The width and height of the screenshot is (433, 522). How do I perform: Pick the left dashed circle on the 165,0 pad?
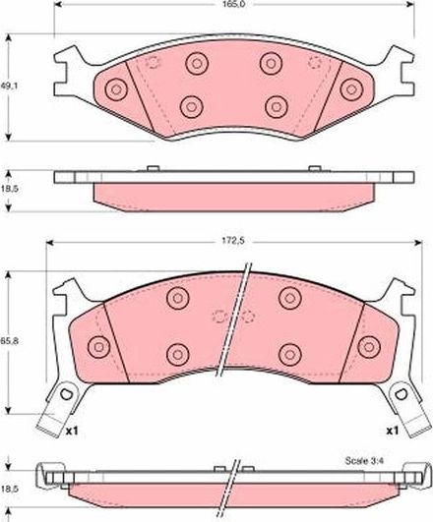click(x=153, y=63)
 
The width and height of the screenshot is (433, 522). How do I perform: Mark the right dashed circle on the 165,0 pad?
click(x=316, y=63)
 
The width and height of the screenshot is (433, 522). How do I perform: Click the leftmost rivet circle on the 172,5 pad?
click(x=98, y=346)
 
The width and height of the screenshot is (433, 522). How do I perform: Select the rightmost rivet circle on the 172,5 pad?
click(x=369, y=346)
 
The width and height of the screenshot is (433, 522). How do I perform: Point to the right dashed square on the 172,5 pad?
click(x=247, y=317)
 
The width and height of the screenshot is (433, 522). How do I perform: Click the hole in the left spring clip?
click(x=66, y=395)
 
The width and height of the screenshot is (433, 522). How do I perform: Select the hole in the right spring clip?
click(x=402, y=395)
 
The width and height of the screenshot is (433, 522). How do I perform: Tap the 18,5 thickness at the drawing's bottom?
click(x=9, y=487)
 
